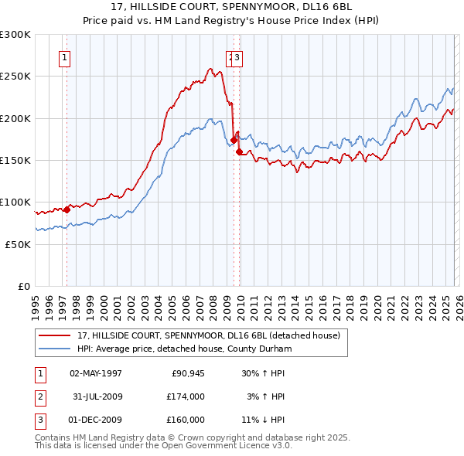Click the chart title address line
click(232, 5)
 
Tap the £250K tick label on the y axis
click(15, 77)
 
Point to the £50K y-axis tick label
click(18, 244)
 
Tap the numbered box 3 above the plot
click(238, 56)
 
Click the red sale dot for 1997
click(67, 209)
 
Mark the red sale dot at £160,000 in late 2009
click(239, 151)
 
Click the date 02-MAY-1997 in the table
click(96, 373)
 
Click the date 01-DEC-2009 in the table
click(96, 420)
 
